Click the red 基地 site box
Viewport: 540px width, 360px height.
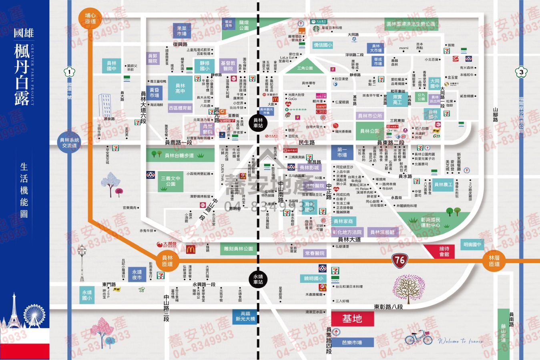pos(352,319)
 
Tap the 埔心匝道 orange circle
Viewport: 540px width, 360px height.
pos(91,18)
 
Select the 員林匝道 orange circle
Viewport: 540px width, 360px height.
pos(167,261)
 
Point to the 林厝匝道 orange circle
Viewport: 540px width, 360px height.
pos(494,261)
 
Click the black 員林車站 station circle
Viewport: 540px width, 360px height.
pos(258,123)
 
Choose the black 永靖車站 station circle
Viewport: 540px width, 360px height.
pos(258,279)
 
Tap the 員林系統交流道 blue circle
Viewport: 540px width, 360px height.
pos(69,143)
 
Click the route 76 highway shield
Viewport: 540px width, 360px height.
pos(399,260)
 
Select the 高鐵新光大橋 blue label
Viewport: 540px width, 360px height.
pos(245,316)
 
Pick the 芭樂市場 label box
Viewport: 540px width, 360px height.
pos(352,342)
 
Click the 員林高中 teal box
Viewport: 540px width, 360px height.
pos(180,88)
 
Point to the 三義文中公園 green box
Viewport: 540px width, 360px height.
pos(171,181)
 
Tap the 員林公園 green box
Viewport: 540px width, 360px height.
pos(369,131)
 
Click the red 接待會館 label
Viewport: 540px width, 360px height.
pos(444,251)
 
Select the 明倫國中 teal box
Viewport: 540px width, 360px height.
pos(472,244)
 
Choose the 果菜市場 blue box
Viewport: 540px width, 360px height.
pos(182,31)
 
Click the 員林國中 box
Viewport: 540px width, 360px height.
pos(112,66)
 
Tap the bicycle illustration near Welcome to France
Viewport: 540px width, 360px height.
pos(419,338)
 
